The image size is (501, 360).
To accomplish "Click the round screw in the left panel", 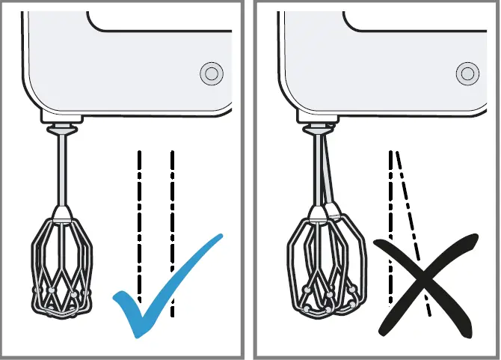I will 212,73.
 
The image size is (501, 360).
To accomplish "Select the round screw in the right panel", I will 468,73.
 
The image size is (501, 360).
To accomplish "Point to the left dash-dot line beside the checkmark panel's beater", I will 139,225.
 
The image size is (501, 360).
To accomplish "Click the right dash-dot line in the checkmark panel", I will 173,225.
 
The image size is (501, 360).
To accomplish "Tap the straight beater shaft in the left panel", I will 61,172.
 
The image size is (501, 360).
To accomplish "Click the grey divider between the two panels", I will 250,180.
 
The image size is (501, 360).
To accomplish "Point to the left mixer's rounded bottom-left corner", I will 34,105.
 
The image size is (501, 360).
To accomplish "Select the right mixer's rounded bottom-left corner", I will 290,105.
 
